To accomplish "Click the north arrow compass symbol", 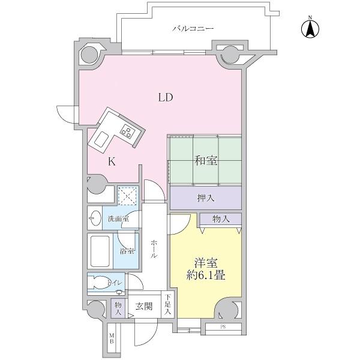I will coord(310,28).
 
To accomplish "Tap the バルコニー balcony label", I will coord(194,28).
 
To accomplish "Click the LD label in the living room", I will coord(166,98).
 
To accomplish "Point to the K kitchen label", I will coord(112,161).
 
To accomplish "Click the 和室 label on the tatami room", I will coord(205,161).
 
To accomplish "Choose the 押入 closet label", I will coord(205,197).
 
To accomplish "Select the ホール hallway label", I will coord(154,248).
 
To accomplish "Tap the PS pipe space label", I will coord(223,327).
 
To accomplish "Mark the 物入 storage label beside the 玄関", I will coord(118,308).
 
